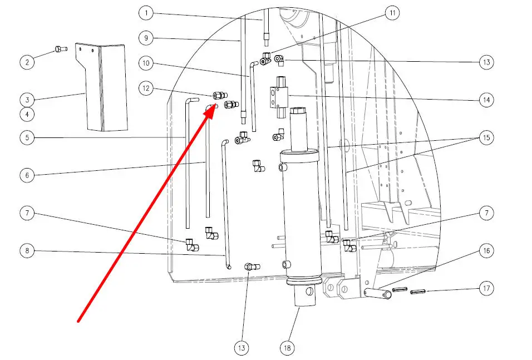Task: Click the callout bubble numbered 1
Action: pos(146,12)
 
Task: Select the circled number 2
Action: pos(27,62)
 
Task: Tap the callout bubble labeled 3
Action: pos(27,100)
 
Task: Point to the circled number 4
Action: pos(27,115)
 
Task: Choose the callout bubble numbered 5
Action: pos(27,137)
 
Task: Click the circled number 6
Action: pos(27,175)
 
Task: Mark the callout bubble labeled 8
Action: pos(27,251)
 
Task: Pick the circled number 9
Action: pos(146,38)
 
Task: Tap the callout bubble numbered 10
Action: pos(146,63)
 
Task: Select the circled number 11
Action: pos(393,13)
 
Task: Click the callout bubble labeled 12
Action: pos(146,87)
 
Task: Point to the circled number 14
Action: pos(486,100)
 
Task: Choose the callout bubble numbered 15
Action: pos(486,137)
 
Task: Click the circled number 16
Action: pos(486,251)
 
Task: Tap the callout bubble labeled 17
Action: pos(486,288)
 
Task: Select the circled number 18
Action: pos(287,348)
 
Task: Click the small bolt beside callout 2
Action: pos(60,51)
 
